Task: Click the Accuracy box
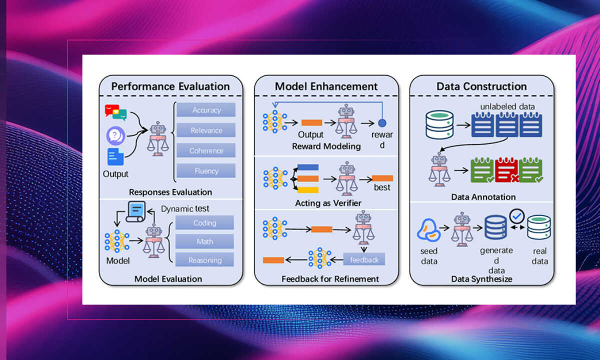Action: [x=206, y=110]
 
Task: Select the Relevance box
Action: [x=206, y=130]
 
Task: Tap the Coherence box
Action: [x=206, y=150]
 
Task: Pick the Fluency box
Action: [x=206, y=170]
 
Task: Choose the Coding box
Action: [x=204, y=222]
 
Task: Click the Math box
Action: [x=204, y=241]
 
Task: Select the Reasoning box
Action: [x=204, y=260]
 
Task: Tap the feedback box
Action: [x=364, y=259]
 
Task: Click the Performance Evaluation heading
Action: [x=170, y=86]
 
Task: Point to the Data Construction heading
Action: [x=481, y=86]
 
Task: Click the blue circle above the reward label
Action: [x=382, y=123]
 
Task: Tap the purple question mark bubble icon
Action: [x=115, y=136]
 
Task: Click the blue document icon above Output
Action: [x=115, y=156]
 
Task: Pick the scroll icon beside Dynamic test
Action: [x=136, y=212]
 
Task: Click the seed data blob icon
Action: [x=428, y=230]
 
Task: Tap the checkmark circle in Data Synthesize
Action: [x=516, y=216]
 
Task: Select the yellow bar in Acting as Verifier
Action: [x=308, y=190]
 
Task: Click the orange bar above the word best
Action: [x=382, y=178]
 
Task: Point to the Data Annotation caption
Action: [x=483, y=197]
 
